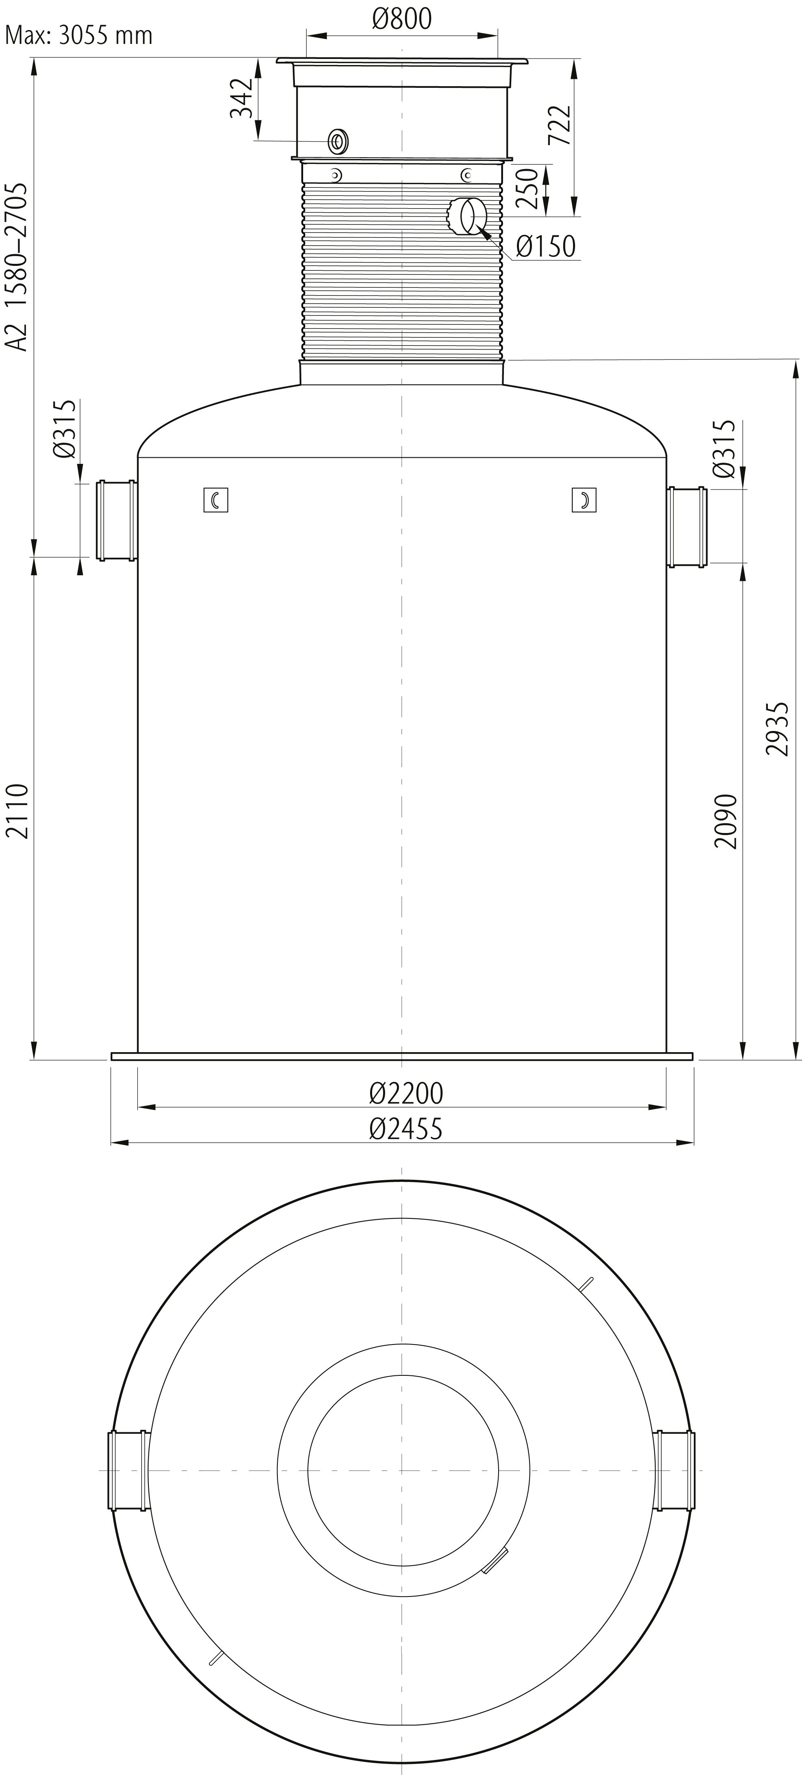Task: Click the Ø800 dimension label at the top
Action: click(402, 19)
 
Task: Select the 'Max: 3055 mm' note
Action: click(78, 35)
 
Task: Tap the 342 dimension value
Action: click(241, 99)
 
